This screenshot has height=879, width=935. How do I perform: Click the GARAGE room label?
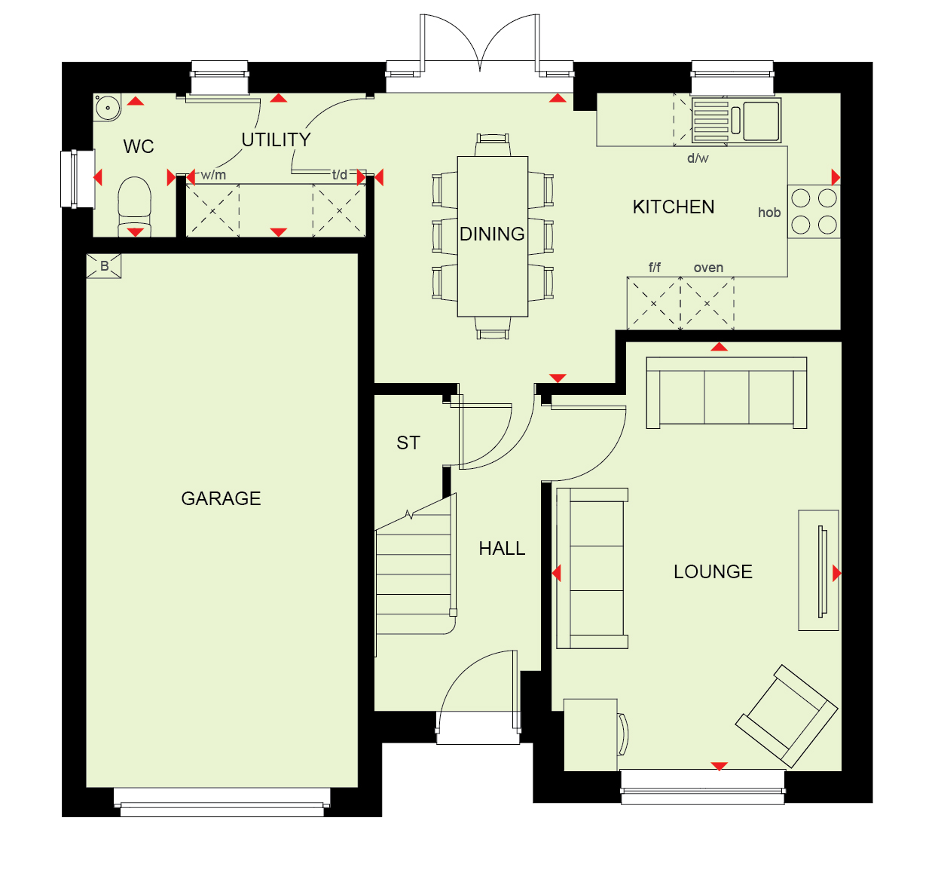[221, 498]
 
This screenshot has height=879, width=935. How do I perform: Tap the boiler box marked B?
[104, 265]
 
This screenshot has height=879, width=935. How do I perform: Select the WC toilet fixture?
[135, 207]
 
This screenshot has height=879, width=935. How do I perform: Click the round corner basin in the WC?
[107, 107]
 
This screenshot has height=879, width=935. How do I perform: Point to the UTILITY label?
[276, 140]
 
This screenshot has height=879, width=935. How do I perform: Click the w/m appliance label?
[213, 175]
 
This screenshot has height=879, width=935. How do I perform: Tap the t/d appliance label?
[340, 175]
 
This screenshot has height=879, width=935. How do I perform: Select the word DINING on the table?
[492, 234]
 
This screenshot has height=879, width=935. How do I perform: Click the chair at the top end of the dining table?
[493, 145]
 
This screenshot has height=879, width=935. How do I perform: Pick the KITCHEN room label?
[674, 207]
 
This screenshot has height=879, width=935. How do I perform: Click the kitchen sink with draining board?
[736, 120]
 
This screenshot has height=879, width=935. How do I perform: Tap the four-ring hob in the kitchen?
[814, 212]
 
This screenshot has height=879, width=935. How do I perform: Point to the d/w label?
[698, 158]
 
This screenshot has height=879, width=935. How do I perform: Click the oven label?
[708, 268]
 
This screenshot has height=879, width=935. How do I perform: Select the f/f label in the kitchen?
[655, 268]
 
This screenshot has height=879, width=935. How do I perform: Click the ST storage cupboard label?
[408, 443]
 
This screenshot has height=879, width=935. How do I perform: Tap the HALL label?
[502, 548]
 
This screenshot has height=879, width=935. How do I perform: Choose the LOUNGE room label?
[713, 572]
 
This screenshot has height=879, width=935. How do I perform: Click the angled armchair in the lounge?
[787, 715]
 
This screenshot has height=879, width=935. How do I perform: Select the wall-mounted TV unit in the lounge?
[819, 571]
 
